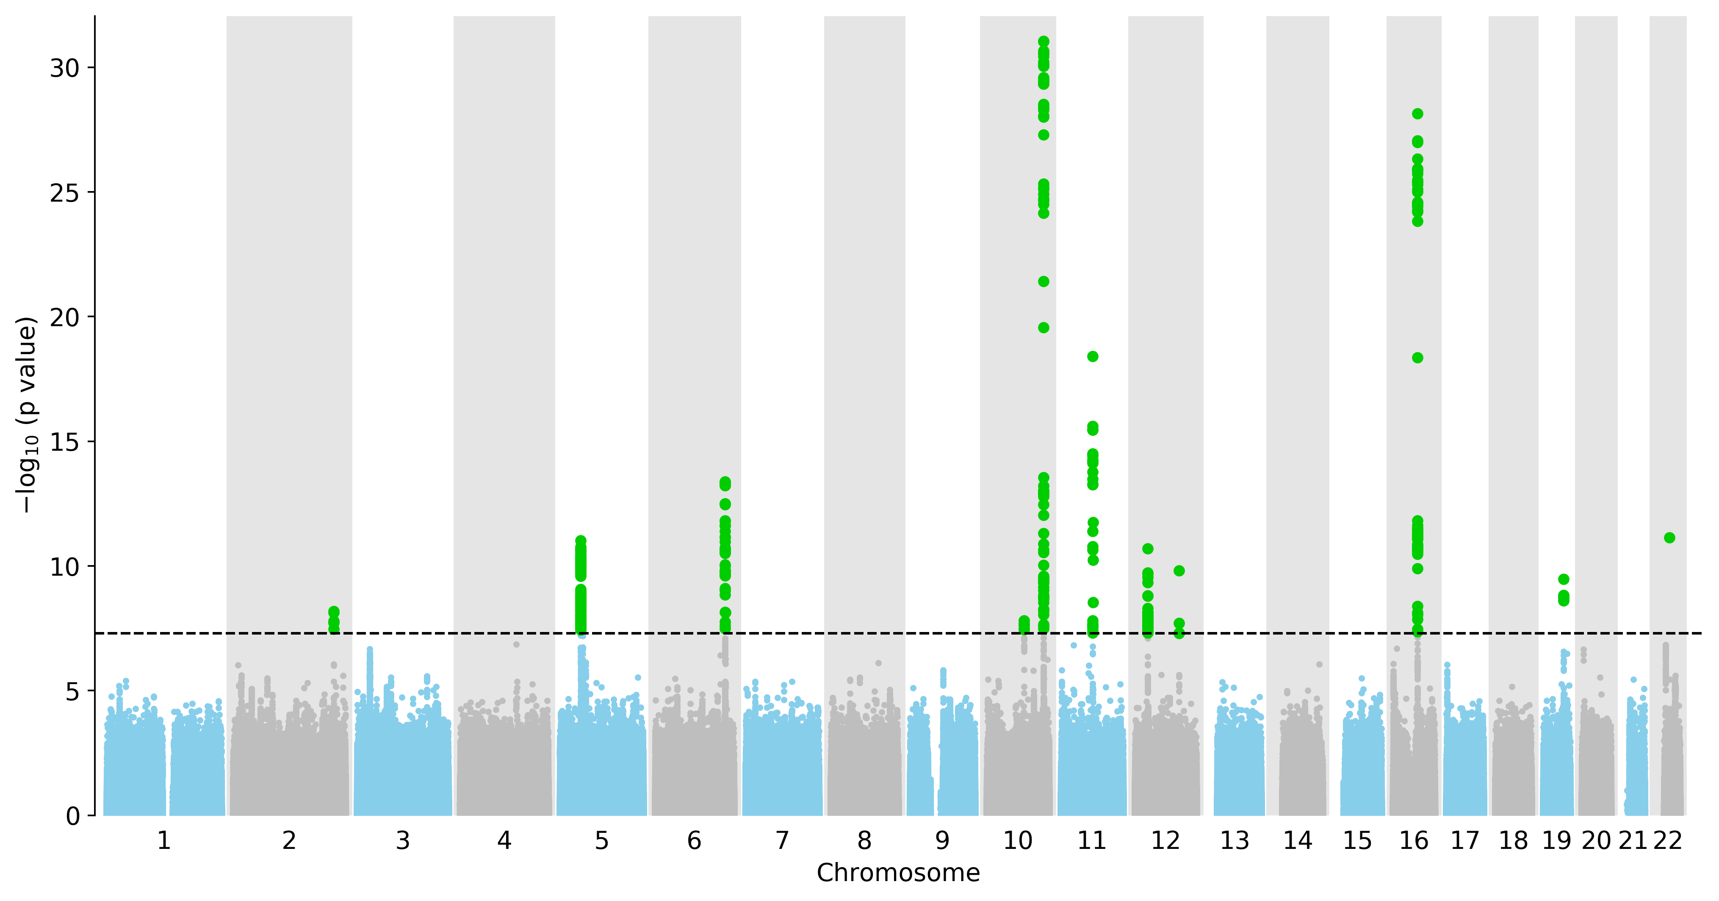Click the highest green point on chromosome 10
[x=1044, y=42]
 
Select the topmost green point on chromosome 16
[x=1417, y=114]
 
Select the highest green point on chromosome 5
[x=581, y=541]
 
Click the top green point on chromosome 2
[x=334, y=611]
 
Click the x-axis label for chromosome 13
[x=1235, y=841]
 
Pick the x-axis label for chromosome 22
[x=1668, y=841]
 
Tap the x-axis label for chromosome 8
[x=864, y=841]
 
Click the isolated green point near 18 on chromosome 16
[x=1417, y=358]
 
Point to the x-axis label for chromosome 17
[x=1465, y=841]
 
